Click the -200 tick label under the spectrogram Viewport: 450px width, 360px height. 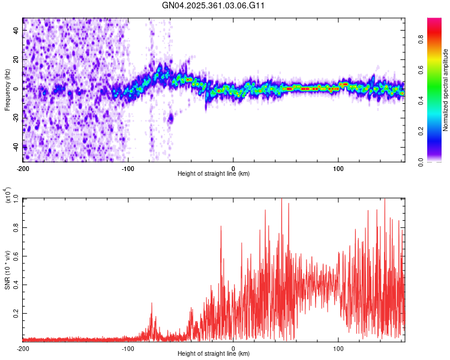click(x=23, y=167)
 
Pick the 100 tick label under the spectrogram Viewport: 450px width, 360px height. click(x=338, y=167)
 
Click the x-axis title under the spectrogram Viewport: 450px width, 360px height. click(x=214, y=174)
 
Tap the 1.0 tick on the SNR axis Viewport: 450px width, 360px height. click(x=15, y=199)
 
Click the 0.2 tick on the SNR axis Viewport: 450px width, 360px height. click(x=15, y=313)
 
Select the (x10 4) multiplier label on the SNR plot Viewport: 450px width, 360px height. click(x=7, y=195)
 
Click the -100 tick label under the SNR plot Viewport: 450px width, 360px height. click(x=128, y=348)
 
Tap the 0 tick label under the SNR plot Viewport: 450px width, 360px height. click(x=233, y=348)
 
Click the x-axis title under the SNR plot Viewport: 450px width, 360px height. click(x=214, y=354)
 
